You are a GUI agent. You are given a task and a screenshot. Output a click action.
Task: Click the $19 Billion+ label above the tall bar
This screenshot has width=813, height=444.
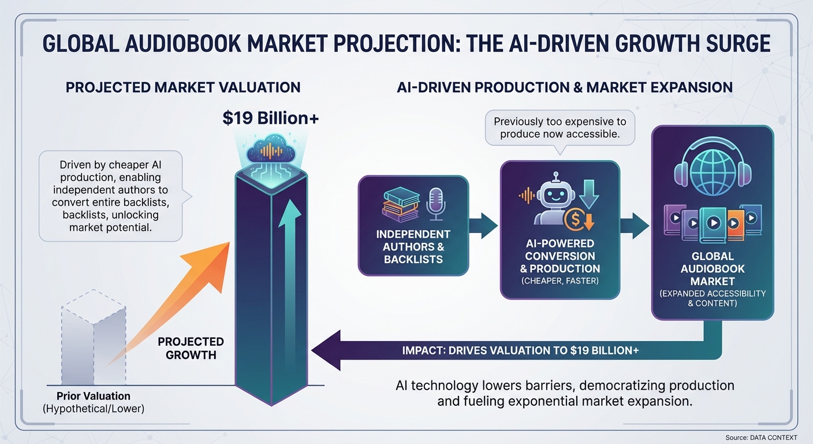pyautogui.click(x=271, y=119)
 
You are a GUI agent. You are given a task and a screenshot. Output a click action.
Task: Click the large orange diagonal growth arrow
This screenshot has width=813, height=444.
pyautogui.click(x=174, y=302)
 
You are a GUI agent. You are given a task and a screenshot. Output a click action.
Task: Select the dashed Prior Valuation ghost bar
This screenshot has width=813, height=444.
pyautogui.click(x=94, y=337)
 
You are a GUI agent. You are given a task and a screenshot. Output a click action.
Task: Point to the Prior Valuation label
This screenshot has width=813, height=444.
pyautogui.click(x=94, y=395)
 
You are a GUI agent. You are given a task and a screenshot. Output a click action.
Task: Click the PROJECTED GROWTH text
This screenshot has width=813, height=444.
pyautogui.click(x=191, y=348)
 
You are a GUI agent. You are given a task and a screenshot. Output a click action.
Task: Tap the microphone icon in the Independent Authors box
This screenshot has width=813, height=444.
pyautogui.click(x=435, y=204)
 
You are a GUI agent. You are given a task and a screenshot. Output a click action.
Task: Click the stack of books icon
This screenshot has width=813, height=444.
pyautogui.click(x=401, y=204)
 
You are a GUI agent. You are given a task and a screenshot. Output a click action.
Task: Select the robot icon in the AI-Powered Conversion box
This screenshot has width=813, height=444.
pyautogui.click(x=554, y=199)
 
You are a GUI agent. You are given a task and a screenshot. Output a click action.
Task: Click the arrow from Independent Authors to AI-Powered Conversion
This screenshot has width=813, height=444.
pyautogui.click(x=483, y=225)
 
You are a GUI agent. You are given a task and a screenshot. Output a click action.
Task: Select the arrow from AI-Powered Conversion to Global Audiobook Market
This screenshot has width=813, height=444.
pyautogui.click(x=635, y=225)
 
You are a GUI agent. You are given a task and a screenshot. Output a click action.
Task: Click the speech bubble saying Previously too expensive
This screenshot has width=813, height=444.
pyautogui.click(x=560, y=128)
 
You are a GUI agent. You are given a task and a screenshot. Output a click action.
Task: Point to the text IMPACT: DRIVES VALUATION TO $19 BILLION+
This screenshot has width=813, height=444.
pyautogui.click(x=520, y=350)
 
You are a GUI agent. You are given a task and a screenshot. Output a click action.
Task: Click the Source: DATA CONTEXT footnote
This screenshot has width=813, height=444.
pyautogui.click(x=761, y=438)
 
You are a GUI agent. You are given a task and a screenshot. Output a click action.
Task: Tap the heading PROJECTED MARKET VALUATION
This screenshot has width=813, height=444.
pyautogui.click(x=183, y=87)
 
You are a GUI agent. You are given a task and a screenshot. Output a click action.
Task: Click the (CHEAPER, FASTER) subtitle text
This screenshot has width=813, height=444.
pyautogui.click(x=560, y=281)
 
